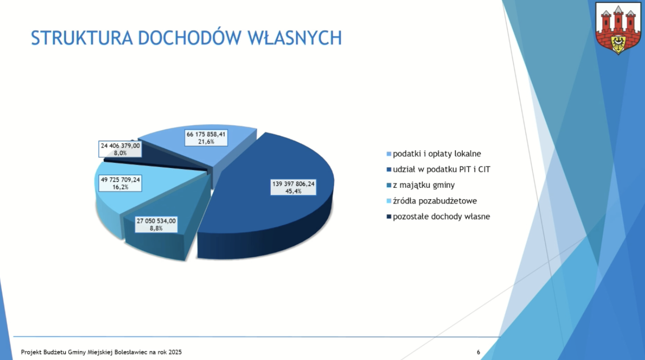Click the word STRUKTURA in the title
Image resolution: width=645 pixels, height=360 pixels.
(82, 38)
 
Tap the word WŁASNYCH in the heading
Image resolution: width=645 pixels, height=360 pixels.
(295, 38)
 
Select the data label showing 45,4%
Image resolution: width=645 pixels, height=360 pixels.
(293, 188)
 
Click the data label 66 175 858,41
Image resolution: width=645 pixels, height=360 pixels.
(206, 138)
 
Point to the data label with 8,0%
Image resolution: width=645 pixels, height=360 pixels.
(120, 149)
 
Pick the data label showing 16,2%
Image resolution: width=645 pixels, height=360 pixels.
(120, 183)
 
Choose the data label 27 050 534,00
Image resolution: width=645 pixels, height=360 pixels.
(156, 225)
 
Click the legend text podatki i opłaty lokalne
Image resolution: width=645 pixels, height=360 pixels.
(437, 154)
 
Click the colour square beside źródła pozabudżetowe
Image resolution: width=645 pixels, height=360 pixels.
(389, 201)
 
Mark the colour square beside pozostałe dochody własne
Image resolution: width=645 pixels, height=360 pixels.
(389, 216)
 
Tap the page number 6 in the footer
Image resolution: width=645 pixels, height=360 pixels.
(478, 352)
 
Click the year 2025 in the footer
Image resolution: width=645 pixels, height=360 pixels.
(175, 352)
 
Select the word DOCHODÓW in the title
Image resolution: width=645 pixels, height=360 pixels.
(190, 37)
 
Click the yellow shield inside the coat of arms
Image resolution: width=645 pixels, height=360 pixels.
(618, 44)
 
